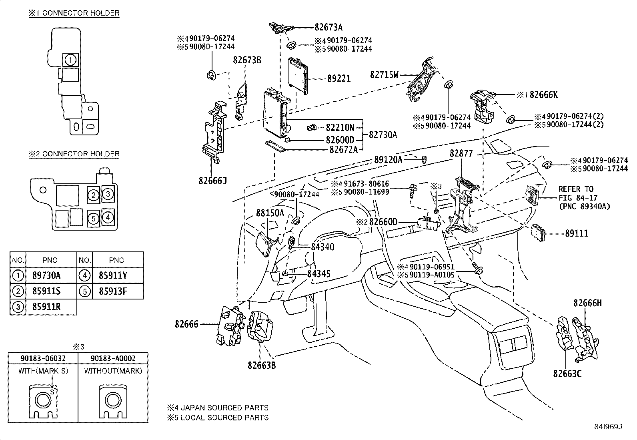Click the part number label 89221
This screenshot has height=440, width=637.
pos(339,79)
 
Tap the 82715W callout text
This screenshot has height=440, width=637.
pos(384,75)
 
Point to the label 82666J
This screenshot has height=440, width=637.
pos(212,181)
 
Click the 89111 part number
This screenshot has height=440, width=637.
pos(577,233)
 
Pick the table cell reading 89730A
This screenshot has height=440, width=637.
pos(46,275)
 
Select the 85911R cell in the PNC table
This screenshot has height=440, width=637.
pos(46,307)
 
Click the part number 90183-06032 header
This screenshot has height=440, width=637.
pos(43,358)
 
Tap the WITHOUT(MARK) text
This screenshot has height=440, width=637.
pos(113,371)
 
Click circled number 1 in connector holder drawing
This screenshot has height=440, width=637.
pos(70,60)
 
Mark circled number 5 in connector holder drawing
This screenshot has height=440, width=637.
pos(93,219)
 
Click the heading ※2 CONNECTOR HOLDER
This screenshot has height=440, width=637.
pos(74,154)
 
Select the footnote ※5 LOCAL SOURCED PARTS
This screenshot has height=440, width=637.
pos(218,418)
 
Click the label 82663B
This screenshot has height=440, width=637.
pos(261,365)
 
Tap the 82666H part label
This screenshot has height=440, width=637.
pos(587,303)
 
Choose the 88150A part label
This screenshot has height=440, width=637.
pos(270,213)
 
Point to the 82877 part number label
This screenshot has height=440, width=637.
pos(461,153)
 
